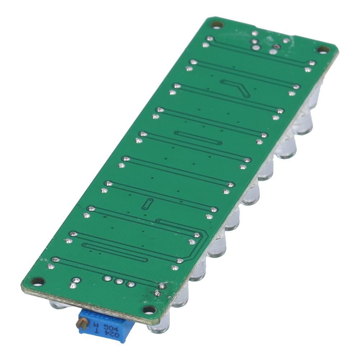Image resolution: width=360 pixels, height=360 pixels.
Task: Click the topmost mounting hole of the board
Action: tap(217, 25)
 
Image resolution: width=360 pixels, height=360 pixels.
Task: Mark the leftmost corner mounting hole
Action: tap(37, 281)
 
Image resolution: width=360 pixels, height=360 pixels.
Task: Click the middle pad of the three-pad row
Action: tap(119, 281)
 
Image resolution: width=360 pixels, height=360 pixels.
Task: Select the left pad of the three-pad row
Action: tap(107, 278)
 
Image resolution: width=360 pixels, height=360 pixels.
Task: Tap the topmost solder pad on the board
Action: tap(255, 33)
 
